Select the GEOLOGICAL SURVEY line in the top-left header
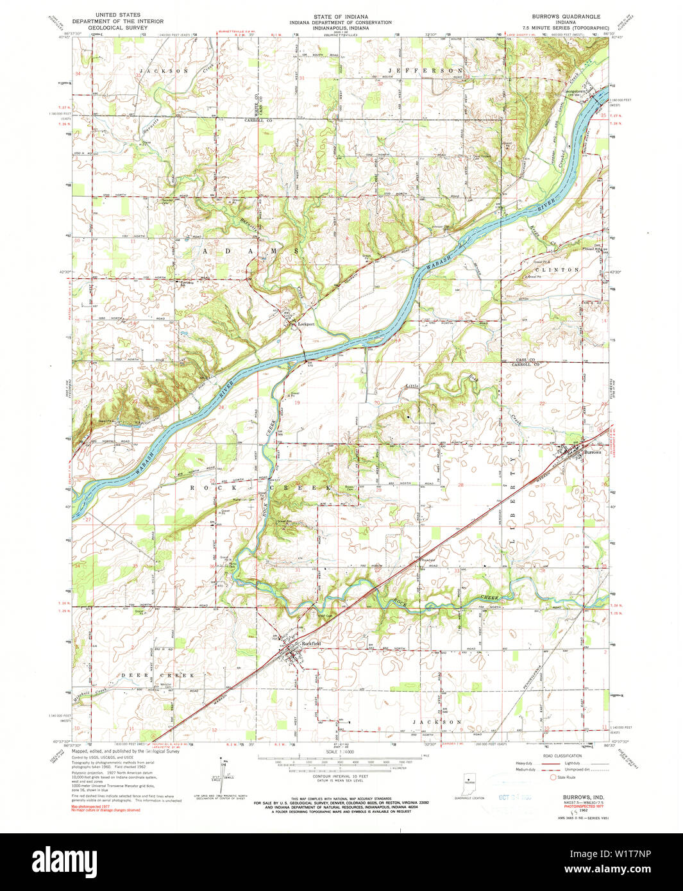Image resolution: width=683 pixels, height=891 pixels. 117,28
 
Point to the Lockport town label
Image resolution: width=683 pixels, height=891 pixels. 306,324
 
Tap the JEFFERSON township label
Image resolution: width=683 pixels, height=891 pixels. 425,71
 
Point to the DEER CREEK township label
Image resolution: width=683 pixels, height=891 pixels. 156,676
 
